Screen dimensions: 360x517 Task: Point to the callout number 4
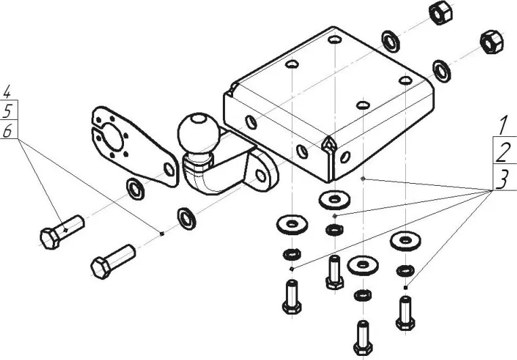(x=8, y=91)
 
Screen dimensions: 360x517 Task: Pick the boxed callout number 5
(x=8, y=110)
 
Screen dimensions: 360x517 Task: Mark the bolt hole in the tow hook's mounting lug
(x=260, y=175)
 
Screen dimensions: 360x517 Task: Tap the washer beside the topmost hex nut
(x=392, y=39)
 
